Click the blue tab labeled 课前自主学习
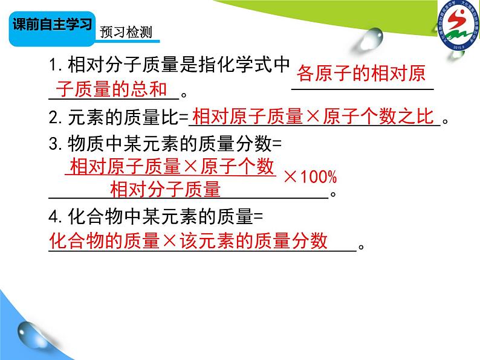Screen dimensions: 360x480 pos(53,27)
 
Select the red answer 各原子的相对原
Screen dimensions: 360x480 pos(362,74)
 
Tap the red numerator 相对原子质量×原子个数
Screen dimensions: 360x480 pos(172,167)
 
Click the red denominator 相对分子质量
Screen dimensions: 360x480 pos(165,189)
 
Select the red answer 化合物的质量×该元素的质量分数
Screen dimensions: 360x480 pos(188,241)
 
